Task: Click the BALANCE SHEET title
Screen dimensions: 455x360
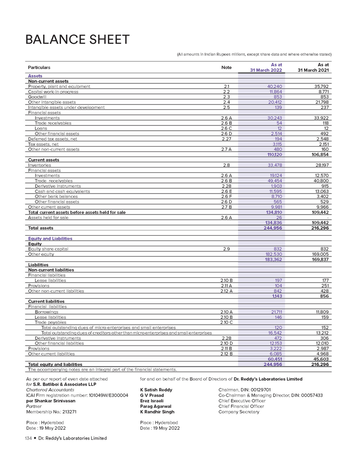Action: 78,39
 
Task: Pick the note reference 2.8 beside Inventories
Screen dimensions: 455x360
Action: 227,165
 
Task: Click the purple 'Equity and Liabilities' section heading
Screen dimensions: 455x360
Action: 50,238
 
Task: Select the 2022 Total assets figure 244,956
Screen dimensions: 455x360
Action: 273,228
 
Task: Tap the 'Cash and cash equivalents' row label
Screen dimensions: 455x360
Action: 62,191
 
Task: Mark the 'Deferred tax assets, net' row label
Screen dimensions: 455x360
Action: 52,139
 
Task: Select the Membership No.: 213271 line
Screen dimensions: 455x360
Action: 51,412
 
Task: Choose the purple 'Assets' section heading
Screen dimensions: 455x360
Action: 35,76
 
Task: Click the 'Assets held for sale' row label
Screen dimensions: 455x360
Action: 48,218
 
